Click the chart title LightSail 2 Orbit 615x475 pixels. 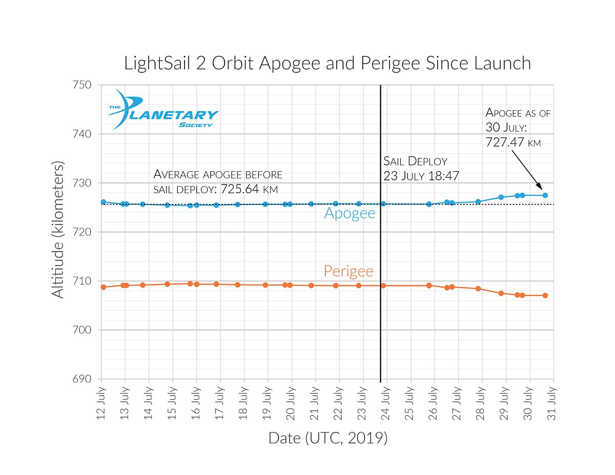pyautogui.click(x=327, y=63)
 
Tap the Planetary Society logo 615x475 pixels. pyautogui.click(x=162, y=109)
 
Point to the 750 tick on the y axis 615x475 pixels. pyautogui.click(x=84, y=85)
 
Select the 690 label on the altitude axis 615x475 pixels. pyautogui.click(x=84, y=379)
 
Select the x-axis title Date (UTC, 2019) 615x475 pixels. pyautogui.click(x=327, y=439)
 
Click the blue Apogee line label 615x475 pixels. pyautogui.click(x=350, y=214)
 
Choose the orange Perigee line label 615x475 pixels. pyautogui.click(x=348, y=271)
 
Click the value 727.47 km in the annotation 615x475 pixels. pyautogui.click(x=512, y=142)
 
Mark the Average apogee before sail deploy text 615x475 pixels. pyautogui.click(x=218, y=181)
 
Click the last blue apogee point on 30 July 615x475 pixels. pyautogui.click(x=545, y=195)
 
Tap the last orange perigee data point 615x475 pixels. pyautogui.click(x=545, y=295)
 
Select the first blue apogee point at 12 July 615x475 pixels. pyautogui.click(x=104, y=202)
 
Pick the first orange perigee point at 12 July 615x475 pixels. pyautogui.click(x=104, y=287)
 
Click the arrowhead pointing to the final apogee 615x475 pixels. pyautogui.click(x=539, y=188)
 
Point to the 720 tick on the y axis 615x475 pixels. pyautogui.click(x=84, y=232)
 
